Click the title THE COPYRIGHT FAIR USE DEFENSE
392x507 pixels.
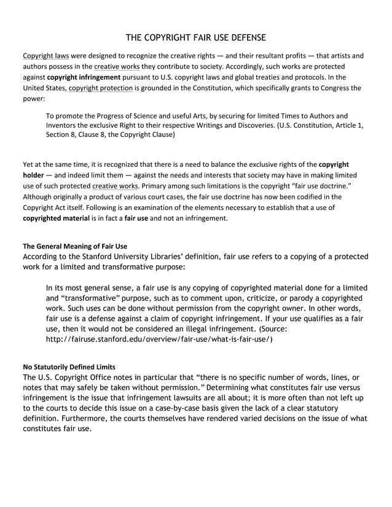[195, 38]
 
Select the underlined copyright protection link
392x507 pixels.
[100, 88]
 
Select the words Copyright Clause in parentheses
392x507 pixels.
[147, 136]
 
